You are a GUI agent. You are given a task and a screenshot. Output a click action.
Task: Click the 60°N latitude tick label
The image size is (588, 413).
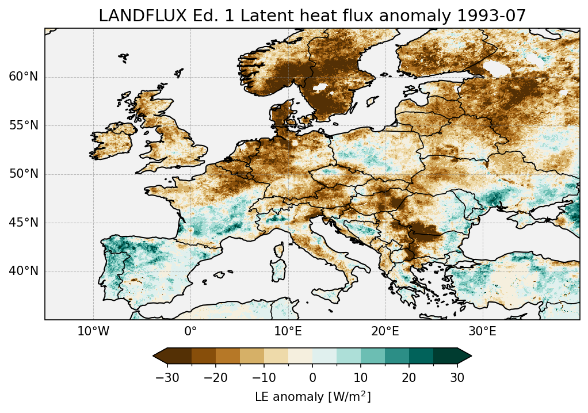[x=23, y=77]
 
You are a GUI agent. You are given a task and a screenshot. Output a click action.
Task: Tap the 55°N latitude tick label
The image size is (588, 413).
[x=23, y=126]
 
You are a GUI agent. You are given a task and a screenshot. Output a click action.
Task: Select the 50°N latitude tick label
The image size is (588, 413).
[x=23, y=174]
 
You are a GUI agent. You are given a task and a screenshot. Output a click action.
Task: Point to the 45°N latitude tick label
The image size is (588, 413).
[x=23, y=223]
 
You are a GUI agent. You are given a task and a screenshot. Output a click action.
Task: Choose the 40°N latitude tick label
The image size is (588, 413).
[x=23, y=271]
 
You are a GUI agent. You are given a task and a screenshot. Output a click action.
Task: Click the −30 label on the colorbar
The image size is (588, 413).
[x=167, y=377]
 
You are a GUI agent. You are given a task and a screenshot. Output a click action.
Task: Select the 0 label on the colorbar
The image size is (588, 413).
[x=312, y=377]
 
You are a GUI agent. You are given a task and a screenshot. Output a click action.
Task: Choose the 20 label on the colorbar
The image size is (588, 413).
[x=409, y=377]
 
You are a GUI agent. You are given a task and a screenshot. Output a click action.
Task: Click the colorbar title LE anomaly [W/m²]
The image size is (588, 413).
[x=312, y=396]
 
